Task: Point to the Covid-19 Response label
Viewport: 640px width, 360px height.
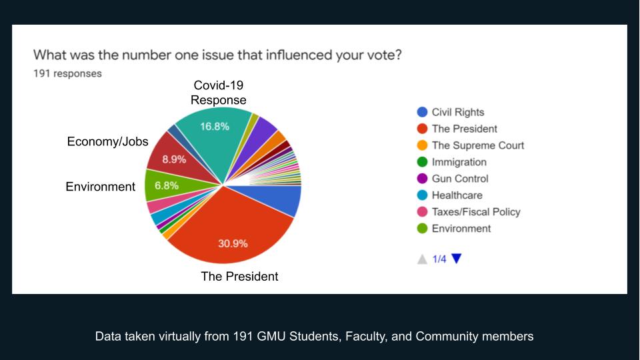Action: (219, 93)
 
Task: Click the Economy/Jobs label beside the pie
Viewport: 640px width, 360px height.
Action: (107, 141)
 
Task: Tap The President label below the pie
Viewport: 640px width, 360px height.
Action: (239, 276)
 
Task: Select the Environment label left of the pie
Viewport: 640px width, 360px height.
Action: (101, 187)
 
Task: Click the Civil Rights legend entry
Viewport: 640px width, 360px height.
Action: (451, 112)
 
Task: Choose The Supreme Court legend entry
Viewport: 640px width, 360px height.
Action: (470, 145)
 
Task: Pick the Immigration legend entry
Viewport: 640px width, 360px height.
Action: (451, 162)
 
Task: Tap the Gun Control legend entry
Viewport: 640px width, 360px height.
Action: (452, 179)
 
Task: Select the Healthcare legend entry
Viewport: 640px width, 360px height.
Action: (449, 195)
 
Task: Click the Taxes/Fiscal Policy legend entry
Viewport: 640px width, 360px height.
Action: (469, 212)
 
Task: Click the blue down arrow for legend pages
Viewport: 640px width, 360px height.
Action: (456, 259)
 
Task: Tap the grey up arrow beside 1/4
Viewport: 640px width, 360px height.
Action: (422, 259)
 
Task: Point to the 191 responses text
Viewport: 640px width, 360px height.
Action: (67, 73)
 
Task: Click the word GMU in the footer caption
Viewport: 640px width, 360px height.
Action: (271, 336)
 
